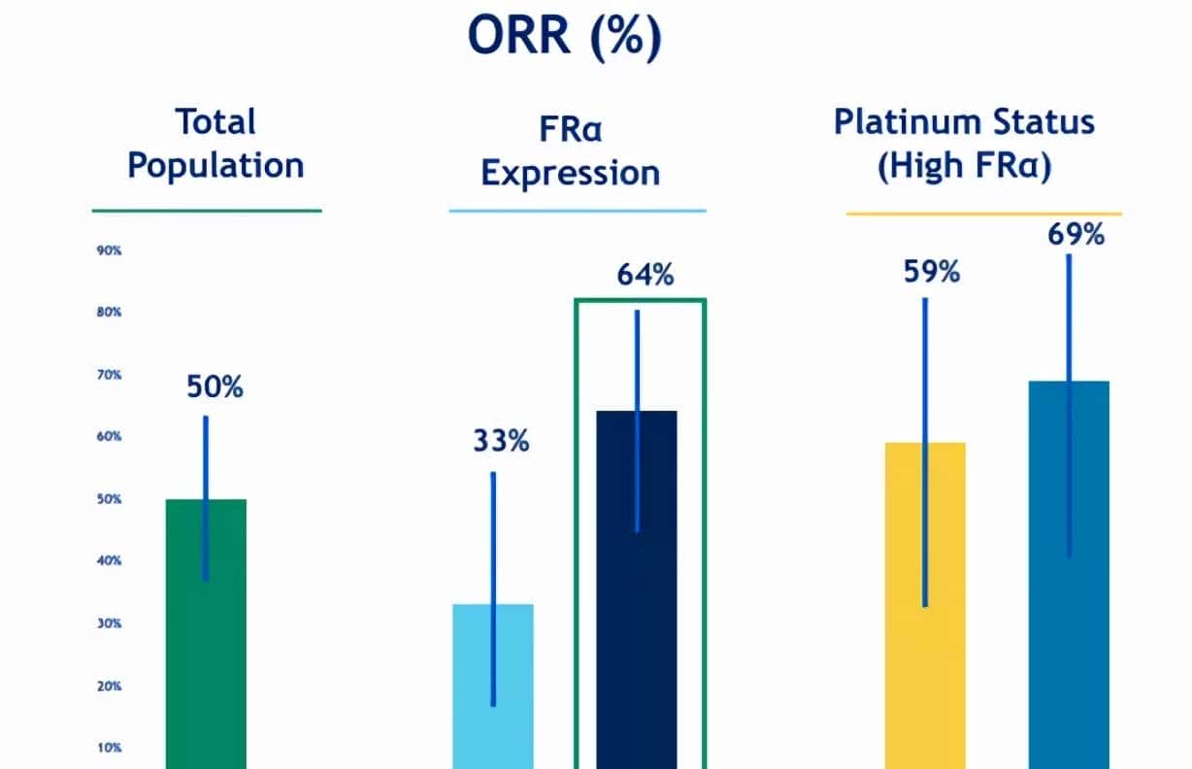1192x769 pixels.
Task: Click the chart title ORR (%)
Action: coord(564,36)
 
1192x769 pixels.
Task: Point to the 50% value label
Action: coord(215,387)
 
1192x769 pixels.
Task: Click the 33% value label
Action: coord(501,441)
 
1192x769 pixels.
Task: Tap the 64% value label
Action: coord(645,276)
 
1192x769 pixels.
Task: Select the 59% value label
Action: coord(931,273)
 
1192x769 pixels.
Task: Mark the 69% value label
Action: coord(1076,235)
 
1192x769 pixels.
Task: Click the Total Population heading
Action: coord(215,144)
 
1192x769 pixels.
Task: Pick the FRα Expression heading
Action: coord(571,153)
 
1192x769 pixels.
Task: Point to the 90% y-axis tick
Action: coord(109,251)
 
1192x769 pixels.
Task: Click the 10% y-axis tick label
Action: coord(109,748)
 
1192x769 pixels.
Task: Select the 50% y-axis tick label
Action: coord(109,499)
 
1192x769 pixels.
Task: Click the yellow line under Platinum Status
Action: coord(983,214)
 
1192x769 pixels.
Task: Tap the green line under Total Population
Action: coord(206,210)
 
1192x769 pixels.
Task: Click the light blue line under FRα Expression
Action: coord(577,210)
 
